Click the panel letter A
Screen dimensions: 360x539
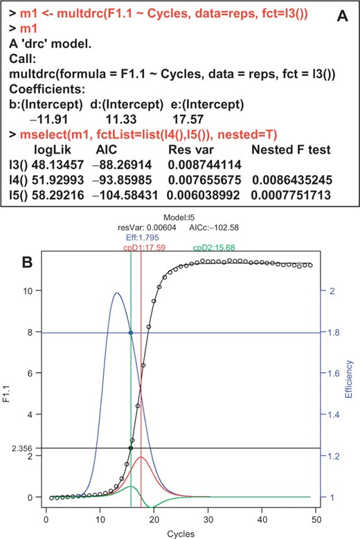coord(342,16)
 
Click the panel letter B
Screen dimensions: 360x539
coord(27,263)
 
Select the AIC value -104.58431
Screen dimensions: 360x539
coord(125,195)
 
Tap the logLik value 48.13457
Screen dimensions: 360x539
coord(57,165)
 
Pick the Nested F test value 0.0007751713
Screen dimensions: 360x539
coord(291,195)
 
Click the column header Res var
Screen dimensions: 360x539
coord(191,149)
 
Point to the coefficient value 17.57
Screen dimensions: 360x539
coord(188,119)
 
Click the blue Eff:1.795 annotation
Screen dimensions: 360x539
coord(143,237)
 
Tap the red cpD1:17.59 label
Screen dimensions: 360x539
coord(144,247)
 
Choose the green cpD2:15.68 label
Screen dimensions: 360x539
coord(214,247)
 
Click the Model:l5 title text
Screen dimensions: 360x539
coord(179,217)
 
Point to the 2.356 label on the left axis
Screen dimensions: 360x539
coord(21,448)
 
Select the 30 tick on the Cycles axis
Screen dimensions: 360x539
coord(208,519)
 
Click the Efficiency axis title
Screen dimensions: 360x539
coord(349,378)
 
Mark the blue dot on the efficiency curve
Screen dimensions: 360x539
coord(131,333)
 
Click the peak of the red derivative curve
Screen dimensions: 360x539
coord(141,457)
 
